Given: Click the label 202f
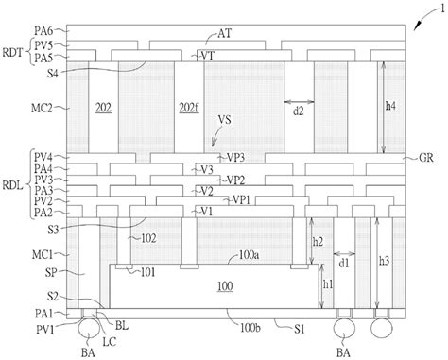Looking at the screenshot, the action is click(x=189, y=108).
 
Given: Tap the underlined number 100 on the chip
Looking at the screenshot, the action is click(x=225, y=286).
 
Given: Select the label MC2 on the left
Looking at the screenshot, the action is click(x=42, y=108).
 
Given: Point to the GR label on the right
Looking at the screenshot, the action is click(x=426, y=158).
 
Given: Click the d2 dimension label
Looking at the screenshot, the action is click(x=298, y=111).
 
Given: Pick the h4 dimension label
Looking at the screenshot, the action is click(x=390, y=106).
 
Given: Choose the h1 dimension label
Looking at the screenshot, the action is click(x=328, y=284).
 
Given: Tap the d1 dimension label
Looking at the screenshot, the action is click(x=344, y=263).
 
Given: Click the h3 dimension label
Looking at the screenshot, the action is click(x=384, y=261).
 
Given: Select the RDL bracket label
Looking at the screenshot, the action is click(x=12, y=185).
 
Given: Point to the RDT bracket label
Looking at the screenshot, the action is click(x=12, y=52).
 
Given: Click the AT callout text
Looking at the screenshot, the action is click(x=224, y=33).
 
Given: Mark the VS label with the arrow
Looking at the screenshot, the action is click(x=224, y=120).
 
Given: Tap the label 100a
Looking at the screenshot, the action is click(x=249, y=254).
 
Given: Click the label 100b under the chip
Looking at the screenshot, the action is click(x=250, y=328).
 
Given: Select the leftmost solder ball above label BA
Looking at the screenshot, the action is click(x=88, y=328).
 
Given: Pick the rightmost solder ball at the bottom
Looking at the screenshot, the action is click(x=382, y=328).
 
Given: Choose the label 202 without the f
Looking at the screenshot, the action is click(x=103, y=108).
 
